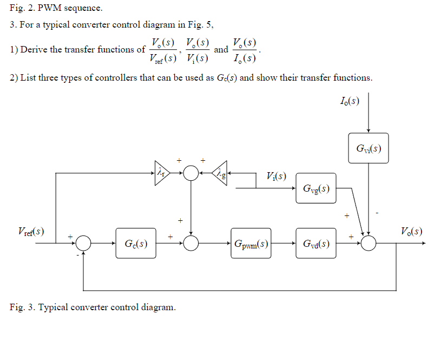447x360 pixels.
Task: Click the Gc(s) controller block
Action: [x=136, y=243]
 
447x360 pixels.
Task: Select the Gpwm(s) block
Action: [x=251, y=243]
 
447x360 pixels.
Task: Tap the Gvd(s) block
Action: [x=316, y=243]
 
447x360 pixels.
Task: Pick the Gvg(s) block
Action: [x=316, y=188]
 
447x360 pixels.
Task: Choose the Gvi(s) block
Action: [x=369, y=148]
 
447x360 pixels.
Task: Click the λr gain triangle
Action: [x=162, y=173]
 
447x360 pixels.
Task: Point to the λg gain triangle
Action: [x=220, y=173]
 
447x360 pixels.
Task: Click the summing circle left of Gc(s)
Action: [x=83, y=243]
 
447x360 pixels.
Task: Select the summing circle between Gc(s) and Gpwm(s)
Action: [x=190, y=243]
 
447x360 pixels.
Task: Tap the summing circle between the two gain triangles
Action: [x=190, y=173]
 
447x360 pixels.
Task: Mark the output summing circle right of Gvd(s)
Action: [x=369, y=243]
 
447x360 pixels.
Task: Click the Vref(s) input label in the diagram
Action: [x=31, y=231]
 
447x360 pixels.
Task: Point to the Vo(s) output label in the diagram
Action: [x=411, y=231]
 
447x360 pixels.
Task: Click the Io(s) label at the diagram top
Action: [x=350, y=101]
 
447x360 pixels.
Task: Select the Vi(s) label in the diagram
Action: [x=276, y=176]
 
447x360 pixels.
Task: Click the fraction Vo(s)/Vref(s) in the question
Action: [x=163, y=50]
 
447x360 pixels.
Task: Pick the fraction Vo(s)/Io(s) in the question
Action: [x=245, y=50]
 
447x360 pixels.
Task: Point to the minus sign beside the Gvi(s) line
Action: [x=377, y=213]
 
